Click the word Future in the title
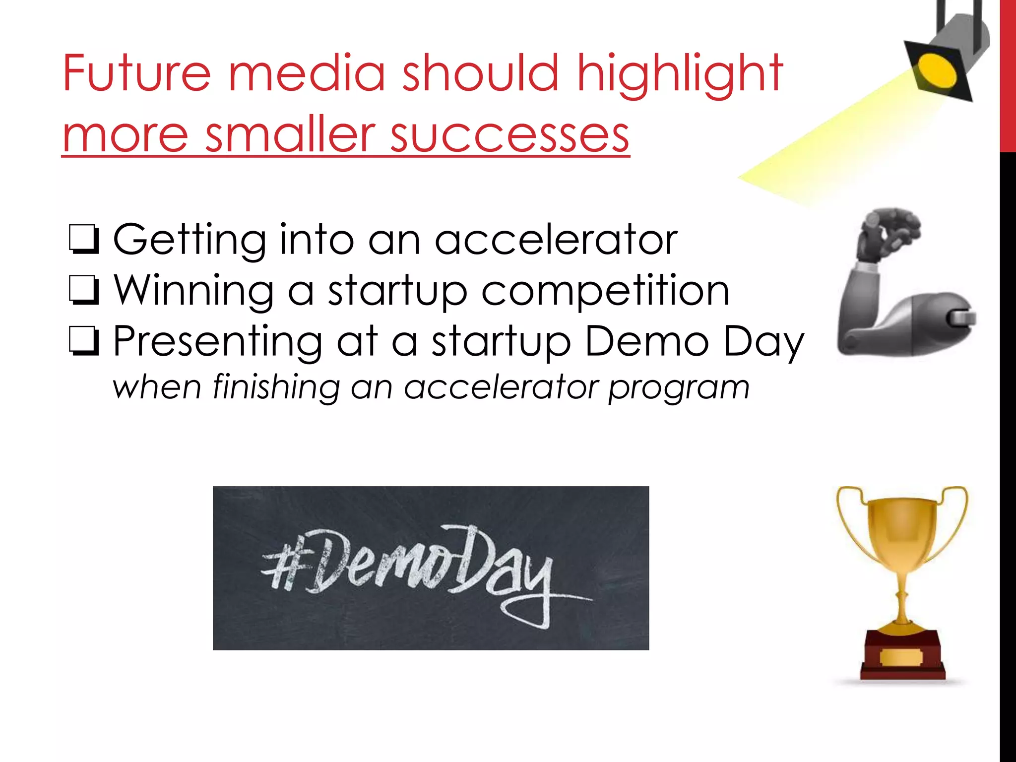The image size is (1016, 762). click(137, 73)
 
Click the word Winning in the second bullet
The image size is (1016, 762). click(193, 291)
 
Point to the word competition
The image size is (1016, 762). click(605, 291)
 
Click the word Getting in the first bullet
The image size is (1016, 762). click(189, 240)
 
